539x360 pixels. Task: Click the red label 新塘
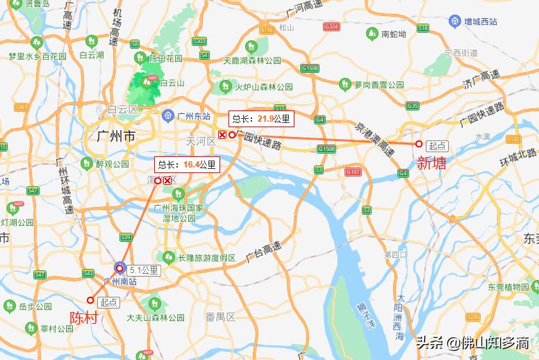[x=431, y=163]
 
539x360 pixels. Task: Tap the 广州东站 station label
[x=193, y=115]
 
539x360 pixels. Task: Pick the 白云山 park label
[x=172, y=83]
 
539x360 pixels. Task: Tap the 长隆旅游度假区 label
[x=207, y=257]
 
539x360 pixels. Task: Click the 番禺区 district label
[x=221, y=317]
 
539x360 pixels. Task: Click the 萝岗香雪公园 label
[x=379, y=85]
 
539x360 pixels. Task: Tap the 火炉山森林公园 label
[x=265, y=87]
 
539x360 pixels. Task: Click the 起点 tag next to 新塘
[x=438, y=145]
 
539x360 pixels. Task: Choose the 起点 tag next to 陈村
[x=109, y=302]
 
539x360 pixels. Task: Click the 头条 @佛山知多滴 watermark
[x=472, y=343]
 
